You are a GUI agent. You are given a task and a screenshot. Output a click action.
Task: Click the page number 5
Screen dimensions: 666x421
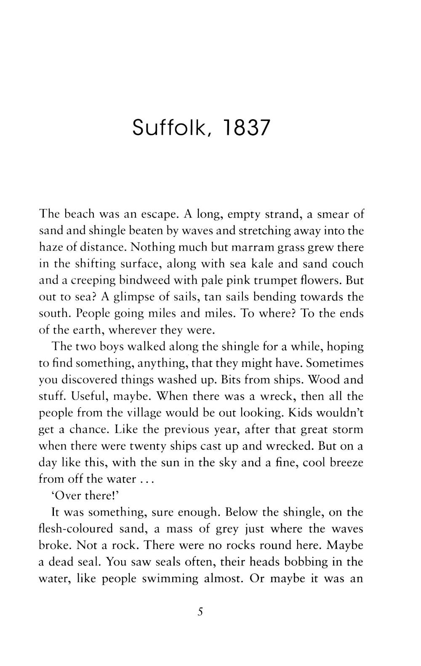tap(200, 611)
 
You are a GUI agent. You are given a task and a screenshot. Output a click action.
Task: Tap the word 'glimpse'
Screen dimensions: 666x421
tap(136, 297)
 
